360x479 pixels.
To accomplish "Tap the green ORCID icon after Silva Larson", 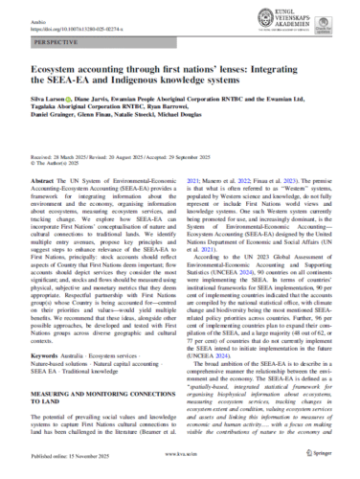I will (x=76, y=97).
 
